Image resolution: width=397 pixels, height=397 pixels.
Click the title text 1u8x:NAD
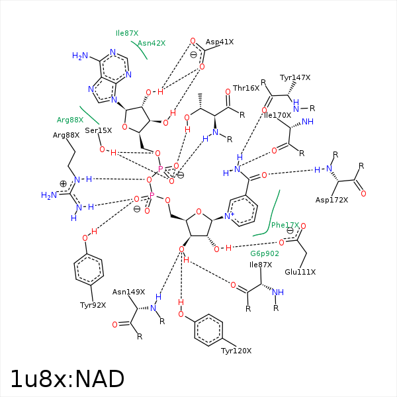tap(67, 378)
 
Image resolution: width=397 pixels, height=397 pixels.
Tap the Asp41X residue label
tap(219, 42)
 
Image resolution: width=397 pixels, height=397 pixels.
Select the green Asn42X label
tap(152, 43)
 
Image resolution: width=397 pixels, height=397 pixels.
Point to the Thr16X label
tap(245, 88)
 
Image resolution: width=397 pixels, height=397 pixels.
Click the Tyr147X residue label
tap(295, 77)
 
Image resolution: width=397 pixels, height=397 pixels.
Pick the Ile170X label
tap(277, 115)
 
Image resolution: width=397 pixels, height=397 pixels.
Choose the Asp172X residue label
tap(331, 200)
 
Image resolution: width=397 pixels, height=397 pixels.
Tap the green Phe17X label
tap(285, 225)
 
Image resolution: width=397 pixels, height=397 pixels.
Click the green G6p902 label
tap(265, 253)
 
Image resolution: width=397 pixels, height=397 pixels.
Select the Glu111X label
tap(300, 272)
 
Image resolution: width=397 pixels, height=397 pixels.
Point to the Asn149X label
tap(128, 291)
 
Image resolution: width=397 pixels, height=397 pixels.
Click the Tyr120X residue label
tap(236, 350)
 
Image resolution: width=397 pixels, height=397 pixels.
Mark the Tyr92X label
tap(93, 305)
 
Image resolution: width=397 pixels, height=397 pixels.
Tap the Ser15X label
tap(99, 130)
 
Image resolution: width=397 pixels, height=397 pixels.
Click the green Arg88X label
tap(70, 120)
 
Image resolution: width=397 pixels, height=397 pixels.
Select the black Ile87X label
tap(261, 265)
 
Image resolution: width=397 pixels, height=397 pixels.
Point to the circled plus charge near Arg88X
tap(64, 183)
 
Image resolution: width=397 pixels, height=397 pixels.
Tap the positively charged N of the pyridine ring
tap(227, 216)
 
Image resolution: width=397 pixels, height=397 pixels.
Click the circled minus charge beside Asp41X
tap(193, 55)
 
